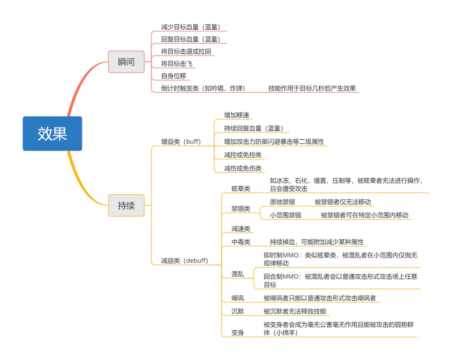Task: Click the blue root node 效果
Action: pos(52,133)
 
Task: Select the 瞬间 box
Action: pos(126,62)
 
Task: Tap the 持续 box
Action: pos(126,205)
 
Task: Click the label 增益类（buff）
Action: pos(181,142)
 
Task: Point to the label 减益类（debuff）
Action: pos(185,260)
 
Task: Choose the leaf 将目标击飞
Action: pos(177,64)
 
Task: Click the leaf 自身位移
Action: pos(174,76)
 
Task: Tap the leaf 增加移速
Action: pos(237,115)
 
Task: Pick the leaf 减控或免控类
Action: pos(243,155)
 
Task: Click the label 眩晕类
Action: pos(241,189)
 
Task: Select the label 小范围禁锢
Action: pos(285,215)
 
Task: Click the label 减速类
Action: pos(241,229)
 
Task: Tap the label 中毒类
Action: pos(241,242)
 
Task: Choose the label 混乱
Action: pos(238,274)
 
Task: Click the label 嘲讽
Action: pos(238,298)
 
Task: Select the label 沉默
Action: pos(238,311)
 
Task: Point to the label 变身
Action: pos(238,332)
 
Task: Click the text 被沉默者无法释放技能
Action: pos(295,311)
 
